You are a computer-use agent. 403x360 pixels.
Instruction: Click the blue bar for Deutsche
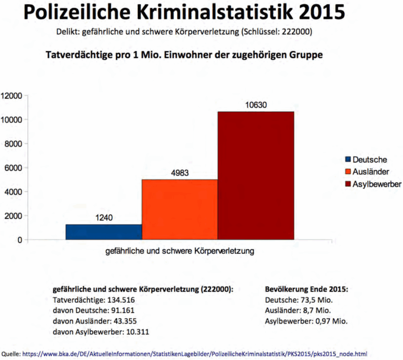[103, 232]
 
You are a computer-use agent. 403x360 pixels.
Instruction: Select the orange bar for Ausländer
[180, 209]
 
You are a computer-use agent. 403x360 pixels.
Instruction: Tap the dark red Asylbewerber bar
[256, 175]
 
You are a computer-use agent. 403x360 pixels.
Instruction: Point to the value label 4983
[180, 173]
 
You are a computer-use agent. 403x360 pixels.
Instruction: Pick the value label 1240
[103, 218]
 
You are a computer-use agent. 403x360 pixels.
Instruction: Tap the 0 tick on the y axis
[19, 240]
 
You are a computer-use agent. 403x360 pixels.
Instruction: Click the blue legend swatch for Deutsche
[348, 160]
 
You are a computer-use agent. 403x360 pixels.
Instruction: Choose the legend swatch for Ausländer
[348, 172]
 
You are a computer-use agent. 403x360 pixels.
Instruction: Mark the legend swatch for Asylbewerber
[348, 184]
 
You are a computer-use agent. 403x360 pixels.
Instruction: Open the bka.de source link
[194, 353]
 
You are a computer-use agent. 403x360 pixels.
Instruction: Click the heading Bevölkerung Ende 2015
[306, 289]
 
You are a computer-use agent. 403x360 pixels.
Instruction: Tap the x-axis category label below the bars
[180, 251]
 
